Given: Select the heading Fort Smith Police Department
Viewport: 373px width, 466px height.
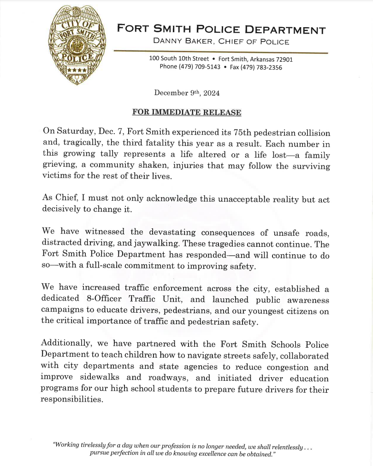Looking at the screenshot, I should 221,30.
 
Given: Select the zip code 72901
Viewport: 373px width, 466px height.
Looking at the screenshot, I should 283,59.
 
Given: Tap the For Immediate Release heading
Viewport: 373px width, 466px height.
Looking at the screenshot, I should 186,112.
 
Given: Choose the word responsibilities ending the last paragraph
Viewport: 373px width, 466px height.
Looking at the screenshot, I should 71,400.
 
